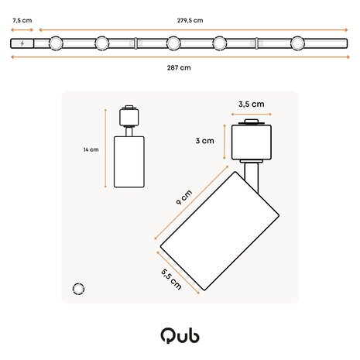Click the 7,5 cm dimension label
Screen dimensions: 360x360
click(x=22, y=21)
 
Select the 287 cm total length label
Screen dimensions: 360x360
click(x=180, y=67)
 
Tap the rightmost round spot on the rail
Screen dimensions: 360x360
click(x=298, y=43)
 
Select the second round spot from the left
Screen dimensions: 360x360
click(x=102, y=43)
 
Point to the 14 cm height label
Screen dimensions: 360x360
click(x=92, y=150)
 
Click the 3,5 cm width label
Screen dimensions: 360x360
click(x=251, y=103)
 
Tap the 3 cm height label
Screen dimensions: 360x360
click(x=204, y=141)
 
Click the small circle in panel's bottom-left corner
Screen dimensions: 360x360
click(x=77, y=288)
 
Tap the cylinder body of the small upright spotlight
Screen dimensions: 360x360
click(x=129, y=159)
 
